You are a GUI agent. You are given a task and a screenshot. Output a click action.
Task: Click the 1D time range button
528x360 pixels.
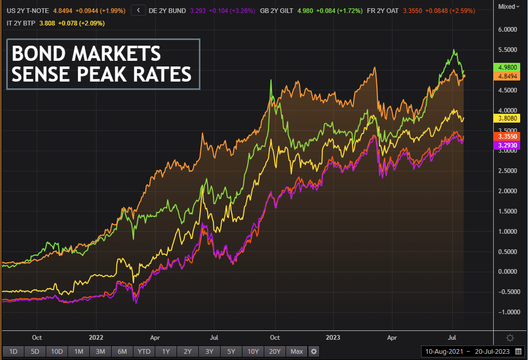[x=13, y=352]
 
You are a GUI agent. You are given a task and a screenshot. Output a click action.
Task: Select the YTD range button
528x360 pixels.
[x=144, y=352]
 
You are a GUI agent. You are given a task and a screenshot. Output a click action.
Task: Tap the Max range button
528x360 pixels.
[x=297, y=352]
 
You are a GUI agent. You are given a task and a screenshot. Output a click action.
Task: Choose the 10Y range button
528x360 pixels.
[x=253, y=352]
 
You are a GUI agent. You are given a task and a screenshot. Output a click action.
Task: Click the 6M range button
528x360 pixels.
[x=122, y=352]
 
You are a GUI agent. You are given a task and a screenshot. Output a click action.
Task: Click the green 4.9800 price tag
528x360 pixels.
[x=506, y=67]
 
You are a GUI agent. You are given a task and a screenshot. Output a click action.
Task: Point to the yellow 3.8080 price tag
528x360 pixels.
[x=506, y=118]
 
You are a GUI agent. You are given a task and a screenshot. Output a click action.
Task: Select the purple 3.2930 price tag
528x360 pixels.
[x=506, y=146]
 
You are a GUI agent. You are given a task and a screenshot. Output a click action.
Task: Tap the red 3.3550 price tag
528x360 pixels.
[x=506, y=136]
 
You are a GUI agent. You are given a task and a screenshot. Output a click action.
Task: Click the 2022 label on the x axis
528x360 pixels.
[x=97, y=337]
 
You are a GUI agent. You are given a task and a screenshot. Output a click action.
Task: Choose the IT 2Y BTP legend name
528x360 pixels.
[x=20, y=23]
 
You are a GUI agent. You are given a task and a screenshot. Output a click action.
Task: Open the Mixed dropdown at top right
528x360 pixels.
[x=508, y=7]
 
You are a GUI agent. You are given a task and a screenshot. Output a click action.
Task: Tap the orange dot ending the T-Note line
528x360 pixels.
[x=464, y=76]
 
